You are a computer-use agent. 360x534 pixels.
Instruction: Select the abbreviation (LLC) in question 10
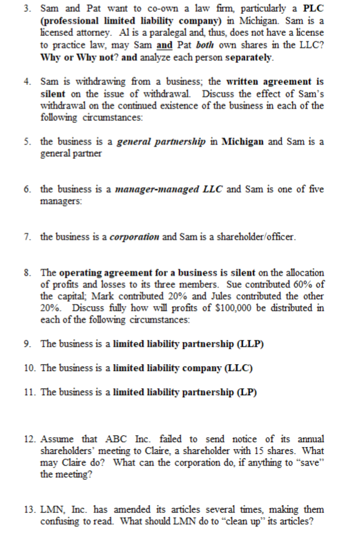(236, 368)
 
